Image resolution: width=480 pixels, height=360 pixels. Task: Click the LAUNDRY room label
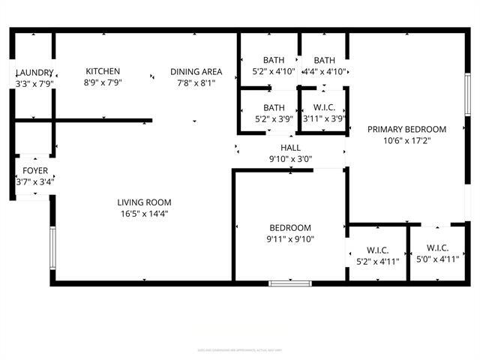pyautogui.click(x=34, y=72)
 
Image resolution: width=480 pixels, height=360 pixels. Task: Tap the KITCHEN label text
pyautogui.click(x=103, y=72)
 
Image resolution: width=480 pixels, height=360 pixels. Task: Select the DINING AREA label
pyautogui.click(x=196, y=72)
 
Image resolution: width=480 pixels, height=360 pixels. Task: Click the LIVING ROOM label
pyautogui.click(x=144, y=202)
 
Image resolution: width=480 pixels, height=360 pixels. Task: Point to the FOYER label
pyautogui.click(x=34, y=170)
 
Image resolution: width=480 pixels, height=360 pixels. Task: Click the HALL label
pyautogui.click(x=290, y=148)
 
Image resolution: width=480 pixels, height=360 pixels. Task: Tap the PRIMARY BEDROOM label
pyautogui.click(x=406, y=129)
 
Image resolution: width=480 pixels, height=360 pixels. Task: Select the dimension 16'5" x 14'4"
pyautogui.click(x=144, y=213)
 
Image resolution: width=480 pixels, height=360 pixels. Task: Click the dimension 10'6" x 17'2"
pyautogui.click(x=406, y=139)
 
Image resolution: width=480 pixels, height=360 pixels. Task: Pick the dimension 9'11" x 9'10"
pyautogui.click(x=290, y=239)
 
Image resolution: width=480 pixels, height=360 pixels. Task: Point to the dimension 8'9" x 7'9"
pyautogui.click(x=103, y=82)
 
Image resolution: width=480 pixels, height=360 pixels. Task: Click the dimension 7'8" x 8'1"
pyautogui.click(x=196, y=82)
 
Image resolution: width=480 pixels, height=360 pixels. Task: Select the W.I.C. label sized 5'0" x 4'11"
pyautogui.click(x=437, y=248)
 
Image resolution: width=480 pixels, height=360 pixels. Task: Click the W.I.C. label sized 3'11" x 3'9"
pyautogui.click(x=323, y=108)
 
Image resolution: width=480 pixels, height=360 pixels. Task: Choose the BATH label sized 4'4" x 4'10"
pyautogui.click(x=324, y=61)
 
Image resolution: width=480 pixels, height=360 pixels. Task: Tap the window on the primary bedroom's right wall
pyautogui.click(x=468, y=94)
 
